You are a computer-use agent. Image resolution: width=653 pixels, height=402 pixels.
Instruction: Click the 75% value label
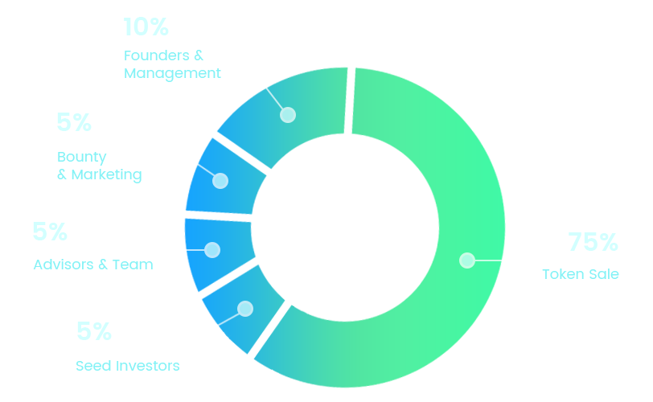pos(593,242)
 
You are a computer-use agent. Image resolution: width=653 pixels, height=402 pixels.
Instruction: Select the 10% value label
pos(146,27)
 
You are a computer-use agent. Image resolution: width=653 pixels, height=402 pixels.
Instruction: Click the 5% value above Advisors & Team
pos(50,232)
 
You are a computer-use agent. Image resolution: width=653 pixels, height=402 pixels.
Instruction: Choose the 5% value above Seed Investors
pos(94,331)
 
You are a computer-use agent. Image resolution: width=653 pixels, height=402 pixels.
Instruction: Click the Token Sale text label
pos(581,274)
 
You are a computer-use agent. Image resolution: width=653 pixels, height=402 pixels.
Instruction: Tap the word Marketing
pos(107,174)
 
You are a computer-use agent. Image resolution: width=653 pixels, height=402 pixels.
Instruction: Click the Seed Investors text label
pos(128,366)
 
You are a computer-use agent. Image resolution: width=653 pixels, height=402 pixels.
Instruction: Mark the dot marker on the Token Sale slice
pos(466,260)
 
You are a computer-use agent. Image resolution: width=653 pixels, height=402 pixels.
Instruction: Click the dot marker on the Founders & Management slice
pos(288,115)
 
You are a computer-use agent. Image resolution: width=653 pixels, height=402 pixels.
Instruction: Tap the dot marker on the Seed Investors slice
pos(245,308)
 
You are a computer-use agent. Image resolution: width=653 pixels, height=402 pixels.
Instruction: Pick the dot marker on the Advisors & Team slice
pos(212,250)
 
